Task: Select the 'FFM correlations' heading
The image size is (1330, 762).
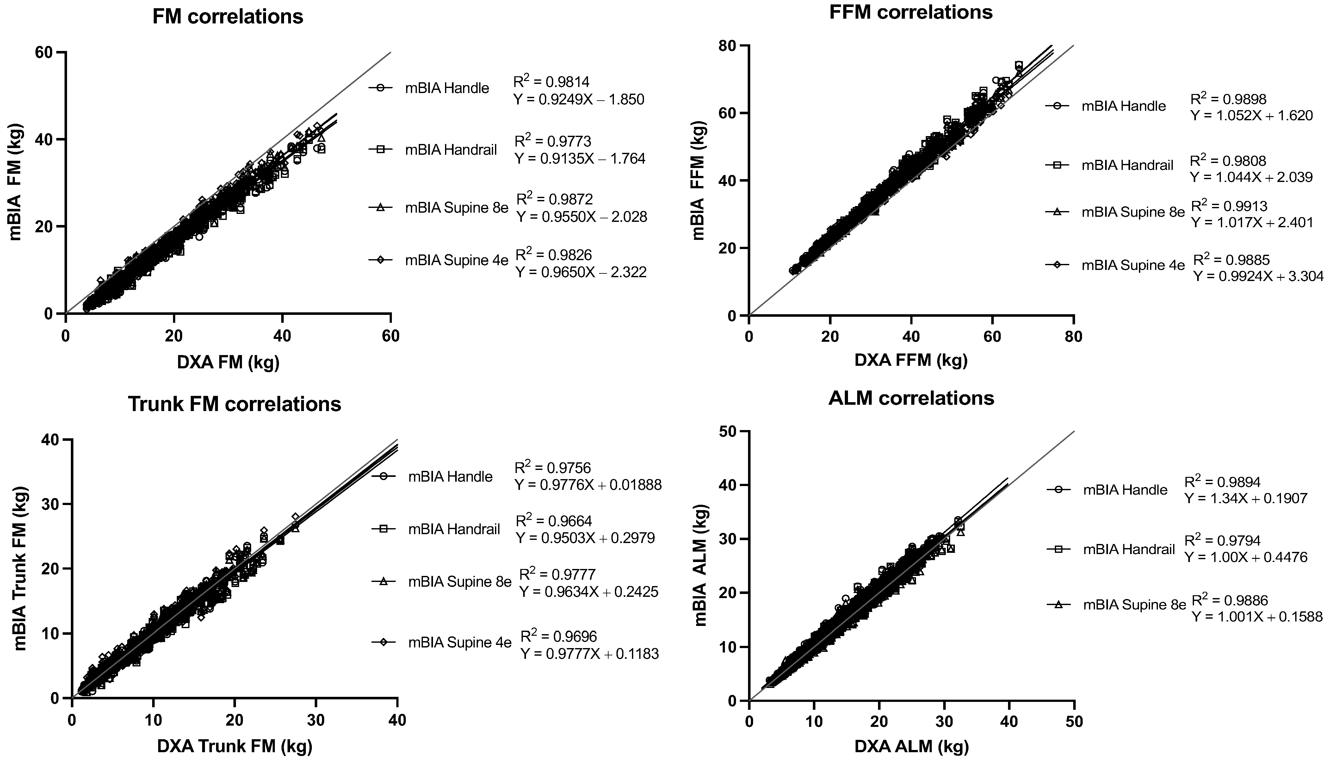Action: point(911,12)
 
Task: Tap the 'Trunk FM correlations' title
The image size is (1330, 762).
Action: point(234,404)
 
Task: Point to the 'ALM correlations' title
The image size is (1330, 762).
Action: point(911,398)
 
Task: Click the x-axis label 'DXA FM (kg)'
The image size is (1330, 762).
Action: point(228,362)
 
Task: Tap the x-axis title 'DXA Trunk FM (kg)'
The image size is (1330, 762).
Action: point(234,746)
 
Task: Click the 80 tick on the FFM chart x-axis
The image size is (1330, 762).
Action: point(1073,336)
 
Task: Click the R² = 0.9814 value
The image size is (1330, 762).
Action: point(551,82)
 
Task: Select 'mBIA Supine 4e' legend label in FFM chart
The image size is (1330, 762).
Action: point(1133,265)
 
